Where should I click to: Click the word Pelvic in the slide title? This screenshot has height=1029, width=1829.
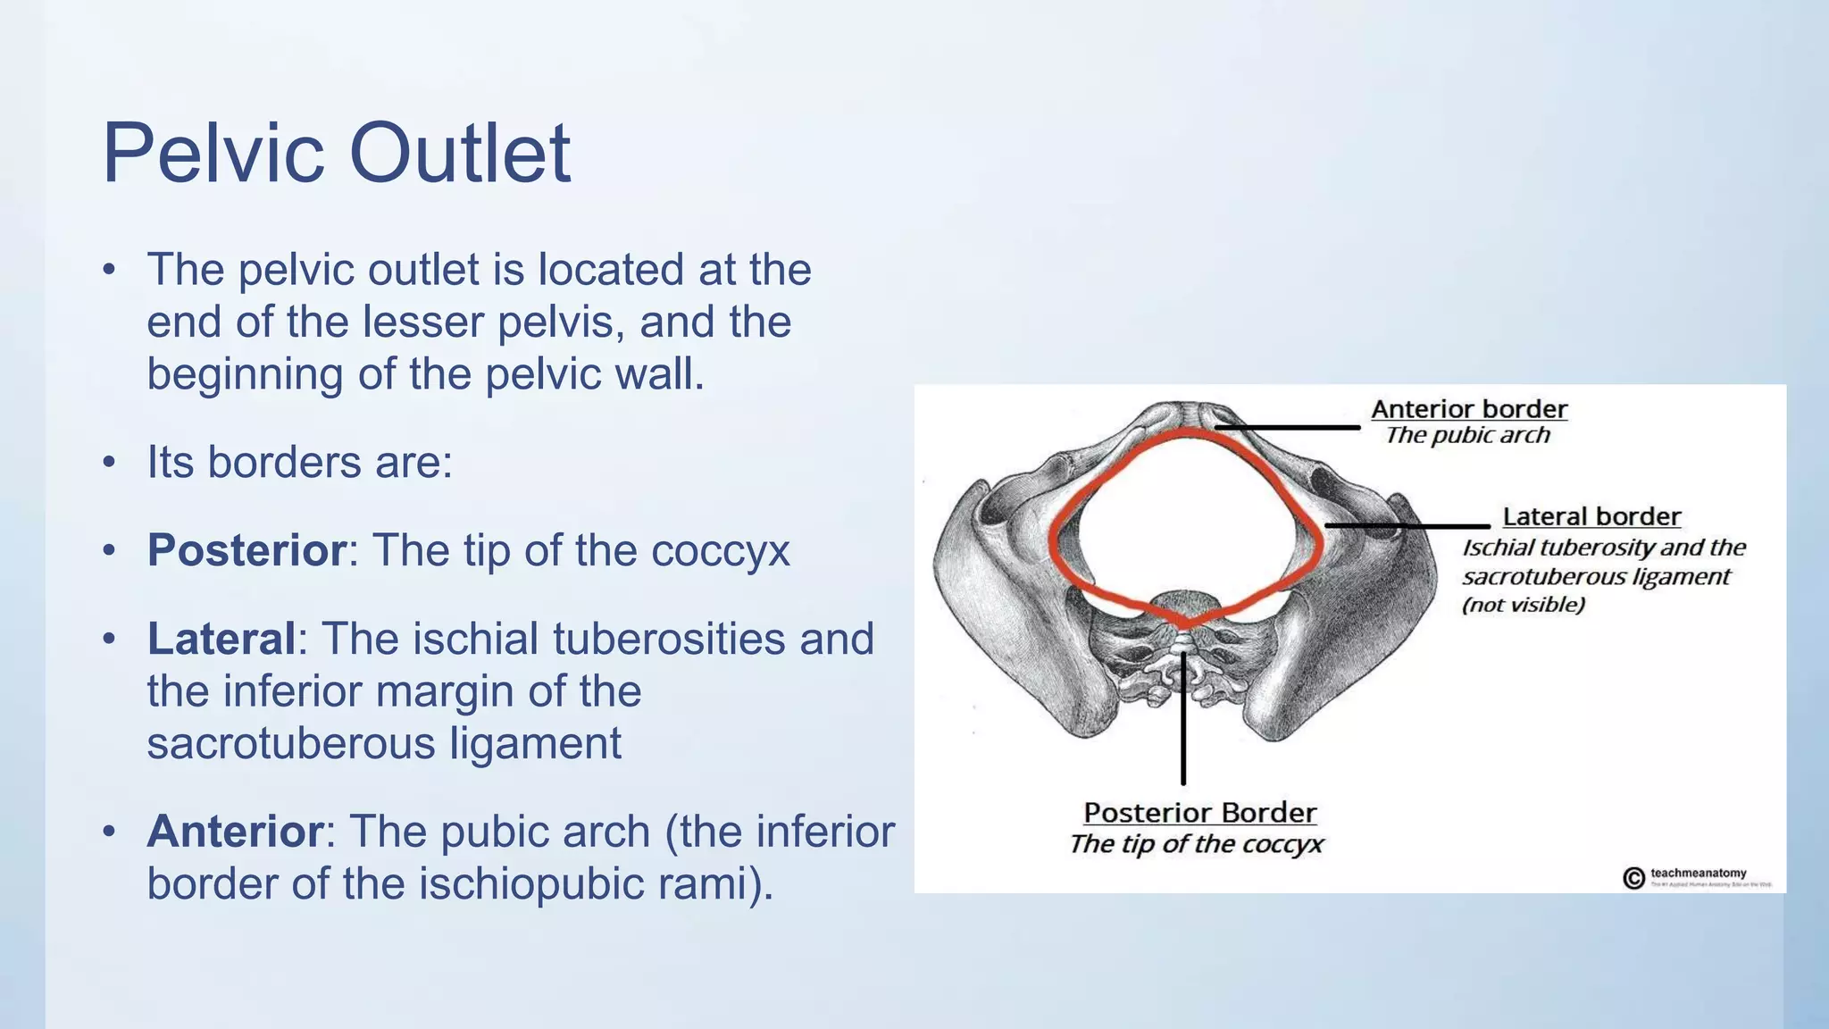pos(213,154)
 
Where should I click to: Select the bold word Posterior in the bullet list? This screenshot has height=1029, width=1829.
pos(246,550)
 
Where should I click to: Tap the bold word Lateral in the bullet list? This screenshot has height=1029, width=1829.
pos(221,639)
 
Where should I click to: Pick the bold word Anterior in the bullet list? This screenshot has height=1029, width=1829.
pos(235,832)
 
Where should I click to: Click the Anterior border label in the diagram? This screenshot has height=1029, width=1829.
pos(1468,409)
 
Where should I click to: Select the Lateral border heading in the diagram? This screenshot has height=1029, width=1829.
pos(1591,516)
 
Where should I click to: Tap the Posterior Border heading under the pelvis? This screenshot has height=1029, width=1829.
pos(1199,813)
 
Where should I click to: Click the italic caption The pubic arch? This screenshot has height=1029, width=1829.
pos(1467,435)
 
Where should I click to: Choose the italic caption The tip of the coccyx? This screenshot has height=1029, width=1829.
pos(1196,844)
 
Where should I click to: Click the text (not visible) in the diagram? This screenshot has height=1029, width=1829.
pos(1523,605)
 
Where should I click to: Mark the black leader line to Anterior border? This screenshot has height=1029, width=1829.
pos(1286,428)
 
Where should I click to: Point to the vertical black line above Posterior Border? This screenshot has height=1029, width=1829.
pos(1183,724)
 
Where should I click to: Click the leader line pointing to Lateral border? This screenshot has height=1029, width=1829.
pos(1407,526)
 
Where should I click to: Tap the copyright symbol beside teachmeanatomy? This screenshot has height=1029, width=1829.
pos(1633,878)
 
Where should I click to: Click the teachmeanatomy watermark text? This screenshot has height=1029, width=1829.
pos(1698,873)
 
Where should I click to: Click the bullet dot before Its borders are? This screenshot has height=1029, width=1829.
pos(109,463)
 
